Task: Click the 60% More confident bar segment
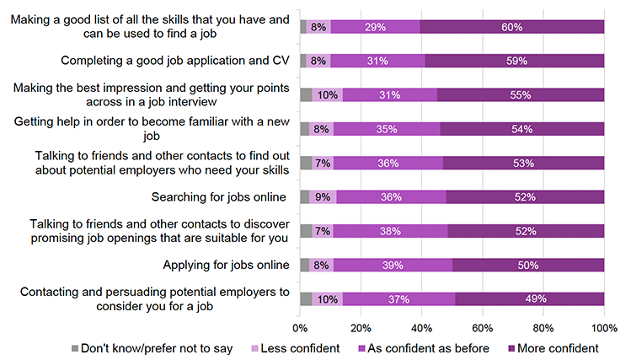[511, 27]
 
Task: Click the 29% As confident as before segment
[375, 27]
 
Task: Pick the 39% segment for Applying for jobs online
[393, 265]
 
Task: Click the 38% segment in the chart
[390, 231]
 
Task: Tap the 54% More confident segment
[521, 129]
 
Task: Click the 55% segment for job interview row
[520, 95]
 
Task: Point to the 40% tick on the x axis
[422, 327]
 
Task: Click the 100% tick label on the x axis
[604, 327]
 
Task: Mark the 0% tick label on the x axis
[300, 327]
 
